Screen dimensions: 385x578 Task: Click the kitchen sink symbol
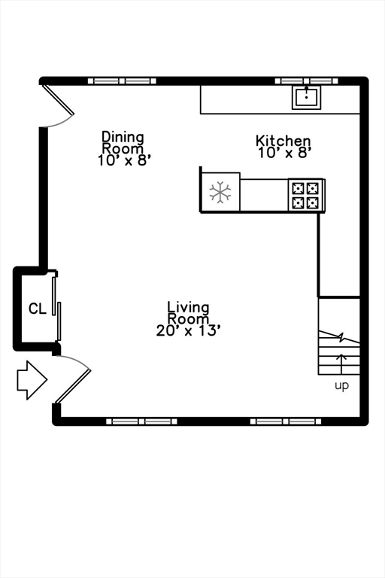point(306,97)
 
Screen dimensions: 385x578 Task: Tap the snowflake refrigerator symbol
point(220,192)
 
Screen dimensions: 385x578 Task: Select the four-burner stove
point(306,195)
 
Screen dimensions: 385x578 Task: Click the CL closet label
point(38,309)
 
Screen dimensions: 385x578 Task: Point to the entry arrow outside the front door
point(32,380)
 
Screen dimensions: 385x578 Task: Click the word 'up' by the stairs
point(341,386)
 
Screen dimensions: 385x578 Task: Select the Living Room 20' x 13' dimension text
point(188,330)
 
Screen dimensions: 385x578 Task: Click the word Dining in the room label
point(123,137)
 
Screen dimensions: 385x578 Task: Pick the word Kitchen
point(283,141)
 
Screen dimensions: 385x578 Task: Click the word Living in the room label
point(188,307)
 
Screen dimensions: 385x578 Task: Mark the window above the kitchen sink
point(307,81)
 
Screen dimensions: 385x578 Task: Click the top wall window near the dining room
point(123,81)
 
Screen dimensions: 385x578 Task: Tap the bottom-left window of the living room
point(141,421)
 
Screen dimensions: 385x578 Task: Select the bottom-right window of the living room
point(286,421)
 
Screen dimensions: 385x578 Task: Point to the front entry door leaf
point(74,386)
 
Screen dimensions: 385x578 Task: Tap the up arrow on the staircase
point(342,364)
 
